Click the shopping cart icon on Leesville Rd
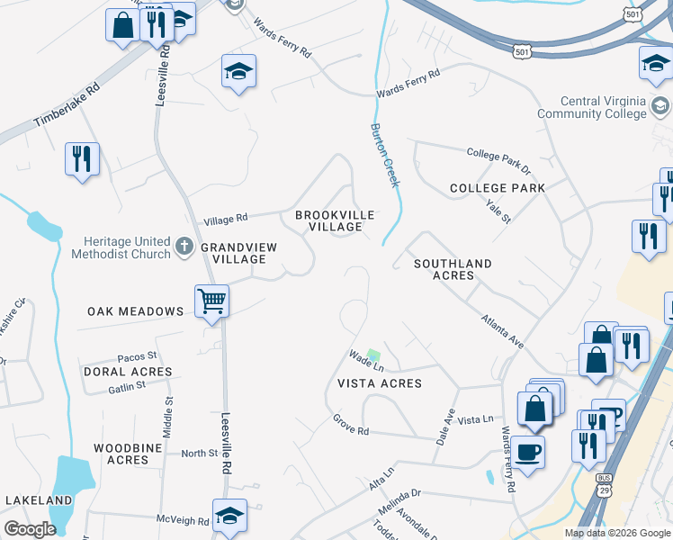click(x=212, y=300)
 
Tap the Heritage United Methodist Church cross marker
click(x=184, y=246)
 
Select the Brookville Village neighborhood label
click(x=329, y=220)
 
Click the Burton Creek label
click(x=383, y=155)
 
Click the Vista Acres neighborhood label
click(x=379, y=382)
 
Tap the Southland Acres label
click(x=453, y=269)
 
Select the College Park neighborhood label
click(x=498, y=188)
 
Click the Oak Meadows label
click(x=135, y=311)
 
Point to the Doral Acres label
click(x=127, y=371)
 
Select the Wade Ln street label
click(x=366, y=362)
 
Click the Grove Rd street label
click(x=351, y=425)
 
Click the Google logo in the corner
click(x=30, y=529)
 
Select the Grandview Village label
click(x=233, y=252)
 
